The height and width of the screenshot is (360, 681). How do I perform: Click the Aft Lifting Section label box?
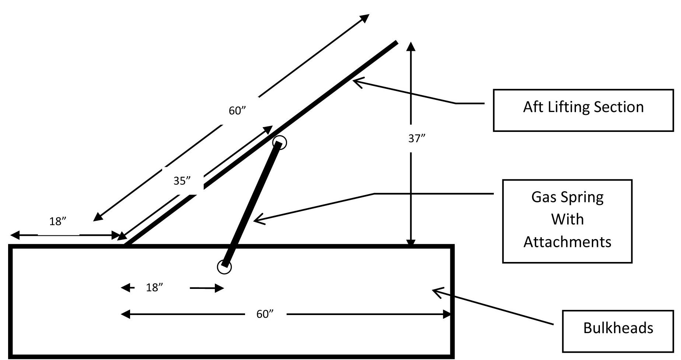[583, 110]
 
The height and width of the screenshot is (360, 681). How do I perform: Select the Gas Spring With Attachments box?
[567, 221]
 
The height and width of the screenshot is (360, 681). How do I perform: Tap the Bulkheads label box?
[618, 331]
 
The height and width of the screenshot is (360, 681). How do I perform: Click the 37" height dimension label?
[417, 139]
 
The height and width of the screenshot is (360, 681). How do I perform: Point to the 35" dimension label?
[182, 181]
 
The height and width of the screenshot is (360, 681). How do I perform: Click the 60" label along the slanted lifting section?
[237, 111]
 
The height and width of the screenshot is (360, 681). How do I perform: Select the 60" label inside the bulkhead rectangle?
[265, 314]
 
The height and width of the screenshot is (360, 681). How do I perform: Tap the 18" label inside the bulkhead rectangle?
[154, 288]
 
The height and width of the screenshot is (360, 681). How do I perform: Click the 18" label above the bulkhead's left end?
[58, 221]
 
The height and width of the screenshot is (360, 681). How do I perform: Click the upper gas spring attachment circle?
[280, 142]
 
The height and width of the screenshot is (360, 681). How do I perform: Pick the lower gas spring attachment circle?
[224, 267]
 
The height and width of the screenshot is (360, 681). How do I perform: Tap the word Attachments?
[567, 242]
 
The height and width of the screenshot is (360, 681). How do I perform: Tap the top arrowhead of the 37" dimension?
[411, 46]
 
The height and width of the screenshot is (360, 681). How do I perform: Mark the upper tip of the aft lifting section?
[397, 42]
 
